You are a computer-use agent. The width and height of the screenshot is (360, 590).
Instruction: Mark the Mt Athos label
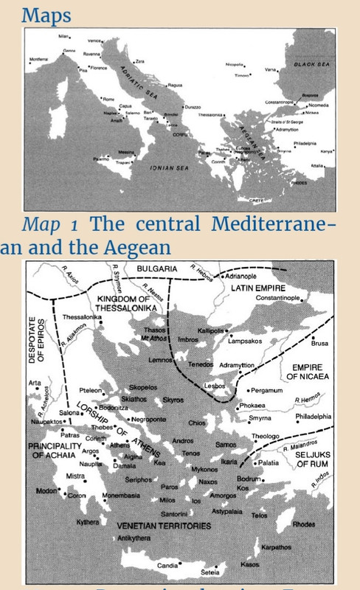[153, 338]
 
